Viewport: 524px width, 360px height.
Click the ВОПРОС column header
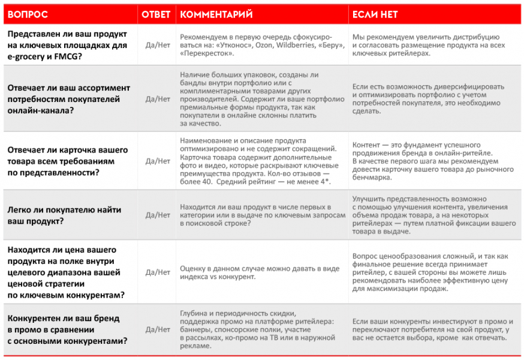[28, 14]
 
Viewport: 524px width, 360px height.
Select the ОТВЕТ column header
[155, 14]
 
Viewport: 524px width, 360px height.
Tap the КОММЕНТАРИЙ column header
[216, 14]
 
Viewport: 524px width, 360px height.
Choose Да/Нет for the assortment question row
[158, 99]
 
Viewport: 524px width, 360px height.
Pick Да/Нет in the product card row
[158, 161]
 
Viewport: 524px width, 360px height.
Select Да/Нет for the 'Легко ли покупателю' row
[158, 215]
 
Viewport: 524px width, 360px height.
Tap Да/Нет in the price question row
[158, 272]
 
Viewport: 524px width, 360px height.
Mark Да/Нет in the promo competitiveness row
[158, 329]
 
